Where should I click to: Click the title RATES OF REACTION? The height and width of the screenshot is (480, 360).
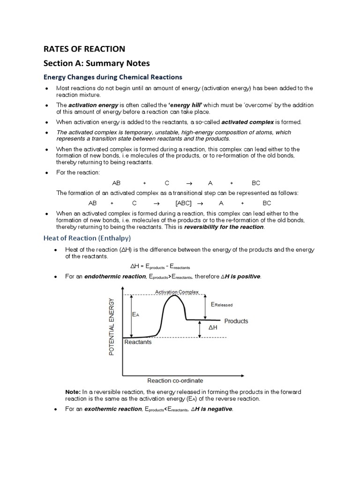pyautogui.click(x=84, y=49)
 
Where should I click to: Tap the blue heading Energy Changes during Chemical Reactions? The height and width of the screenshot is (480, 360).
pyautogui.click(x=112, y=76)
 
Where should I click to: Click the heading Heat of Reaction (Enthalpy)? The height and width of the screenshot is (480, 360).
pyautogui.click(x=87, y=238)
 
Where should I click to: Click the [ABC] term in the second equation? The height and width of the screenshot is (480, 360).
pyautogui.click(x=184, y=203)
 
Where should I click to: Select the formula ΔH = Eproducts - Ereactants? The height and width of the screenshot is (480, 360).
pyautogui.click(x=163, y=266)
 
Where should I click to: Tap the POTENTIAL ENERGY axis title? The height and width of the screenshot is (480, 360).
pyautogui.click(x=112, y=326)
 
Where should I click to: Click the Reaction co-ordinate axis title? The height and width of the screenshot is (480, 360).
pyautogui.click(x=175, y=381)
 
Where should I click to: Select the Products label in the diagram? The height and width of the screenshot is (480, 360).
pyautogui.click(x=236, y=321)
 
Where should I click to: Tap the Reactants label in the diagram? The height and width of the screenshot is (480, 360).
pyautogui.click(x=138, y=342)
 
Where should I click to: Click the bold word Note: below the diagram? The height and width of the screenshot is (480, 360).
pyautogui.click(x=73, y=391)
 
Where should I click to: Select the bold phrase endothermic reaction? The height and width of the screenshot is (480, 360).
pyautogui.click(x=115, y=277)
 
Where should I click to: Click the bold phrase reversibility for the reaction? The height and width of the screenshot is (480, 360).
pyautogui.click(x=224, y=227)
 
